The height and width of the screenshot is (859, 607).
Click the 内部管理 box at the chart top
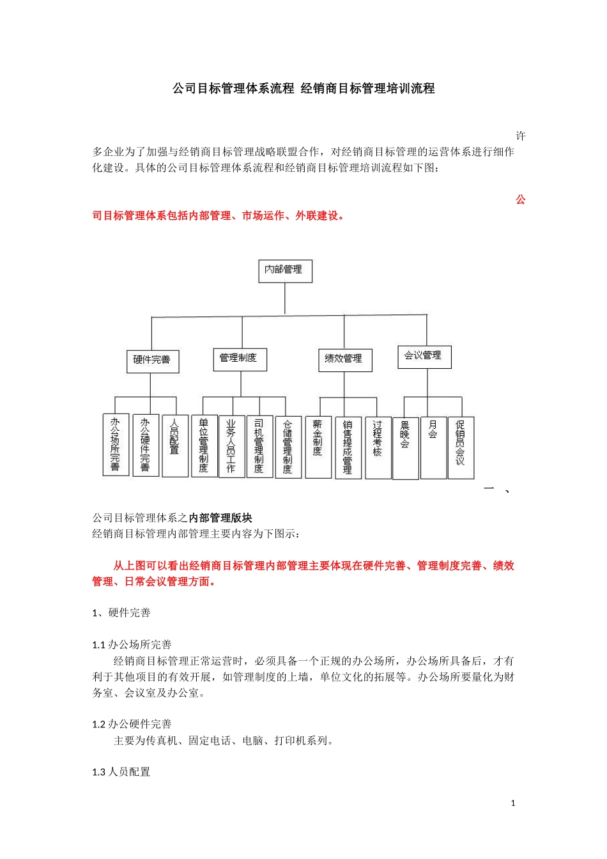click(284, 270)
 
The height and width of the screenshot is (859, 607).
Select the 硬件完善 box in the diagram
click(152, 360)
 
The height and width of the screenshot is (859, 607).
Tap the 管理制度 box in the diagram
click(239, 359)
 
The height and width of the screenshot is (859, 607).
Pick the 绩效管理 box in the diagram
click(344, 359)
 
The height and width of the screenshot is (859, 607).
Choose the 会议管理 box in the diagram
click(424, 356)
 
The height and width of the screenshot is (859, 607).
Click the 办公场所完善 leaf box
click(116, 444)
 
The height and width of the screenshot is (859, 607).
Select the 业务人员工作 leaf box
click(231, 445)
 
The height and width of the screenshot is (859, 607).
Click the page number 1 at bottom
click(513, 803)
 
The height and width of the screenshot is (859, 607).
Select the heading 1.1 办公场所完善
click(132, 645)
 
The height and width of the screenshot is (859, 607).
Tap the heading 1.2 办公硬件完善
click(132, 724)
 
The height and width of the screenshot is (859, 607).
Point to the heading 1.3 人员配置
click(121, 772)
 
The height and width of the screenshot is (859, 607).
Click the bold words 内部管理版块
click(220, 518)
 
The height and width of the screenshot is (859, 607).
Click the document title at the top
click(303, 88)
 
